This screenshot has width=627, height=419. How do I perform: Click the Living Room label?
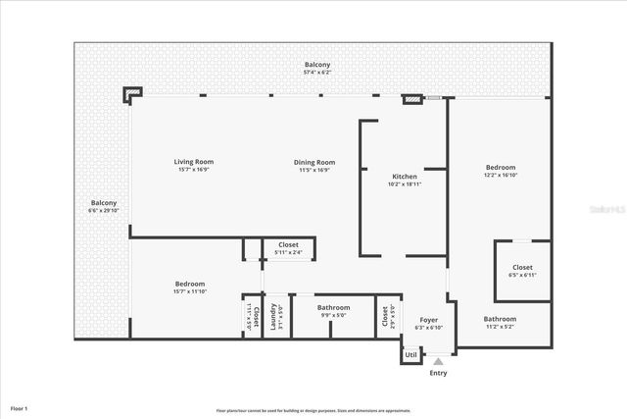pos(194,162)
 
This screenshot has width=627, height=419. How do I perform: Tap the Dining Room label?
pos(314,162)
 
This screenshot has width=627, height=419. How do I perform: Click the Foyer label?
pos(429,320)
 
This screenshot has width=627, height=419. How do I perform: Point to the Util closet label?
pos(411,354)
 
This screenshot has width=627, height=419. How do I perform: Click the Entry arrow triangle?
pos(438,362)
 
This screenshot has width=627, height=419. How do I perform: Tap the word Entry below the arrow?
pos(438,373)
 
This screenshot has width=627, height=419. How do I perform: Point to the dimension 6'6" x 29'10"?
pos(103,210)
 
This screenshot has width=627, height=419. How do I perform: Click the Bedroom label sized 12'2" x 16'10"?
pos(500,168)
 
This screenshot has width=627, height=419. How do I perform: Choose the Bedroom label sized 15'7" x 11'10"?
pos(190,284)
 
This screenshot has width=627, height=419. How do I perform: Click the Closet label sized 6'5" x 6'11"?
pos(522,267)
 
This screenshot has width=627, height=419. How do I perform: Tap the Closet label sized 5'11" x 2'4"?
pos(288,244)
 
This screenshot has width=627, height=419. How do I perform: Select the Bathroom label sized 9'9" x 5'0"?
pos(333,308)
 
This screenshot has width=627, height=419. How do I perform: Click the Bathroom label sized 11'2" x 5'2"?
pos(500,319)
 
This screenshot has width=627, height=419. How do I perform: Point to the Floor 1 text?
pos(20,407)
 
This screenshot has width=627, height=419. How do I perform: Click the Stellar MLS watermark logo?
pos(607,209)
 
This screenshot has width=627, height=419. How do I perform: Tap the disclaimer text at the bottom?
pos(313,410)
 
